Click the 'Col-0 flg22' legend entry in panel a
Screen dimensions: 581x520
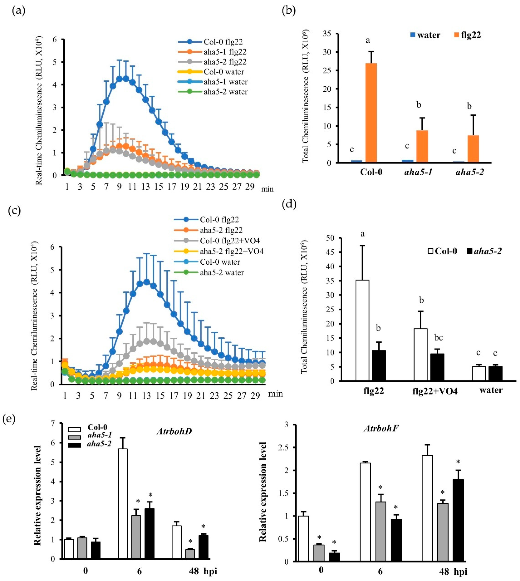coord(223,42)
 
